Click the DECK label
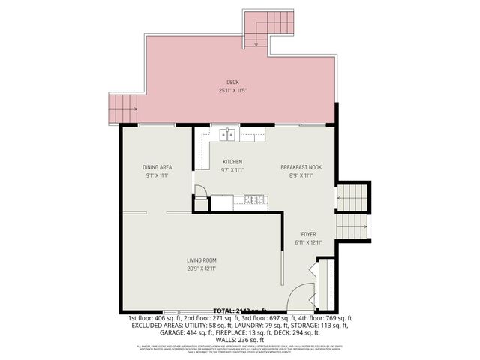(x=232, y=82)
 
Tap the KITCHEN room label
(x=232, y=162)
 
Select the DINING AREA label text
(x=157, y=167)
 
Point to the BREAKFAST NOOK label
(x=301, y=167)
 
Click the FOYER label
(x=308, y=233)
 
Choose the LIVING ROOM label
(x=202, y=260)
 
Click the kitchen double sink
(x=228, y=135)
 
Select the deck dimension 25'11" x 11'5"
(x=232, y=90)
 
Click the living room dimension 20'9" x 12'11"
(x=202, y=268)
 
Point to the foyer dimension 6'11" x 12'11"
(x=308, y=241)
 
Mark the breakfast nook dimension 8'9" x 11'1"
(x=301, y=175)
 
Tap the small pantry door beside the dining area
(x=201, y=190)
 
